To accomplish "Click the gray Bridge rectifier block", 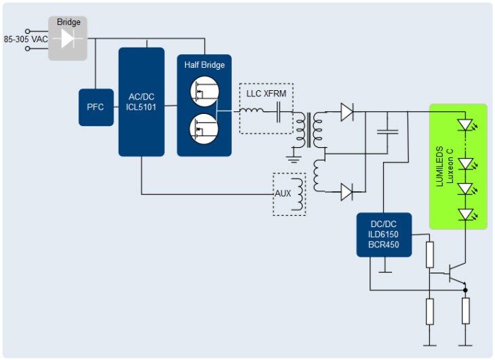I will point(68,39).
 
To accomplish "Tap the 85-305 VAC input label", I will point(26,39).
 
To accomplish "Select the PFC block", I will point(96,107).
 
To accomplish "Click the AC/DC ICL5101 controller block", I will point(141,102).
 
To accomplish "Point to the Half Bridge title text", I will point(204,65).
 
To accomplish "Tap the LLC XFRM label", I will point(266,92).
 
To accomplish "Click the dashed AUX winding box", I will point(290,194).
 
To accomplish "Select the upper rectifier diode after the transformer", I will point(347,111).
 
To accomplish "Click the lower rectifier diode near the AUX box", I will point(347,193).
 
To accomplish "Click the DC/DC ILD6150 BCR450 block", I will point(384,235).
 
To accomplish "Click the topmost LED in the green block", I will point(465,125).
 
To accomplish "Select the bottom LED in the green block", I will point(465,214).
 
